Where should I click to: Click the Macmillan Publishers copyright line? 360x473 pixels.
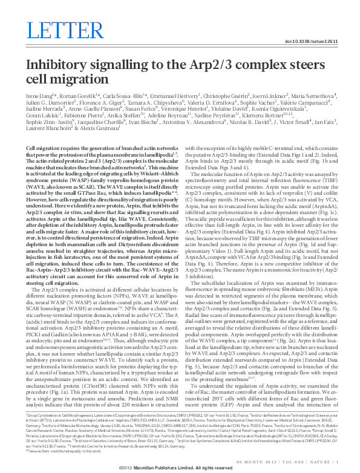click(x=179, y=468)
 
